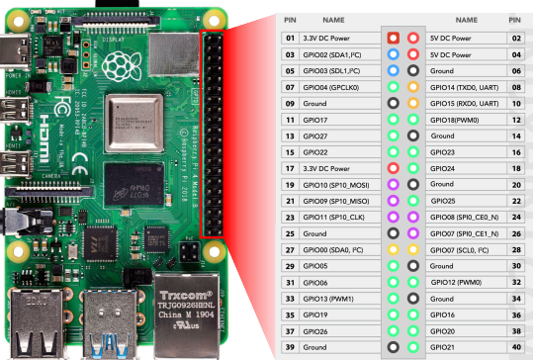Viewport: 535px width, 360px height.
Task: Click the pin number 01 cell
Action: [x=290, y=38]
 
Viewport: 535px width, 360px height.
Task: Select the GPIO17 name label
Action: [x=317, y=119]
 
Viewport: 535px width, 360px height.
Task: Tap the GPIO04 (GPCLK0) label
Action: [x=331, y=86]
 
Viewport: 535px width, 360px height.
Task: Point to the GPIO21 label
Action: [x=443, y=347]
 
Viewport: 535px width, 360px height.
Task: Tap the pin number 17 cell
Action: [x=290, y=168]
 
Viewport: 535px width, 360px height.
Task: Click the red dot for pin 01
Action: [x=394, y=38]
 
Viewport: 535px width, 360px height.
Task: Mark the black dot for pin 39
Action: [x=394, y=347]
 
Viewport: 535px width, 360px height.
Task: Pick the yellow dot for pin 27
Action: [x=394, y=249]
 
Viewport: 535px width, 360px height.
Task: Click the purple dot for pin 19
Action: [x=394, y=184]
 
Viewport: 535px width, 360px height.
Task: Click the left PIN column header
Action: [x=290, y=19]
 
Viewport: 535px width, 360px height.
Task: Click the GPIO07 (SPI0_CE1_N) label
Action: [x=464, y=233]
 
